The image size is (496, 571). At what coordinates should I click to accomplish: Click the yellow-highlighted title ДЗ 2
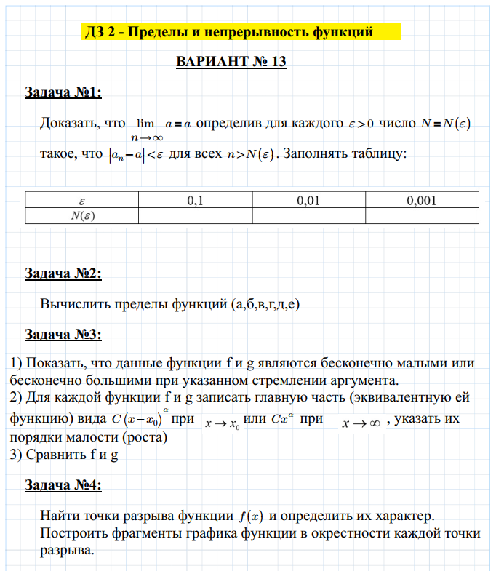(229, 32)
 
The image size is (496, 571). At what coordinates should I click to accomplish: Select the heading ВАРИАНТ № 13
(231, 62)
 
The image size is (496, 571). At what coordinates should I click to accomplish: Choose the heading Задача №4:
(63, 485)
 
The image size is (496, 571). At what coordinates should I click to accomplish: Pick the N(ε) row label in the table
(81, 215)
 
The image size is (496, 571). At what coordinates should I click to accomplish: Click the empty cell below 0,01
(308, 215)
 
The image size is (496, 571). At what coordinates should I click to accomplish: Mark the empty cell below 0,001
(422, 215)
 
